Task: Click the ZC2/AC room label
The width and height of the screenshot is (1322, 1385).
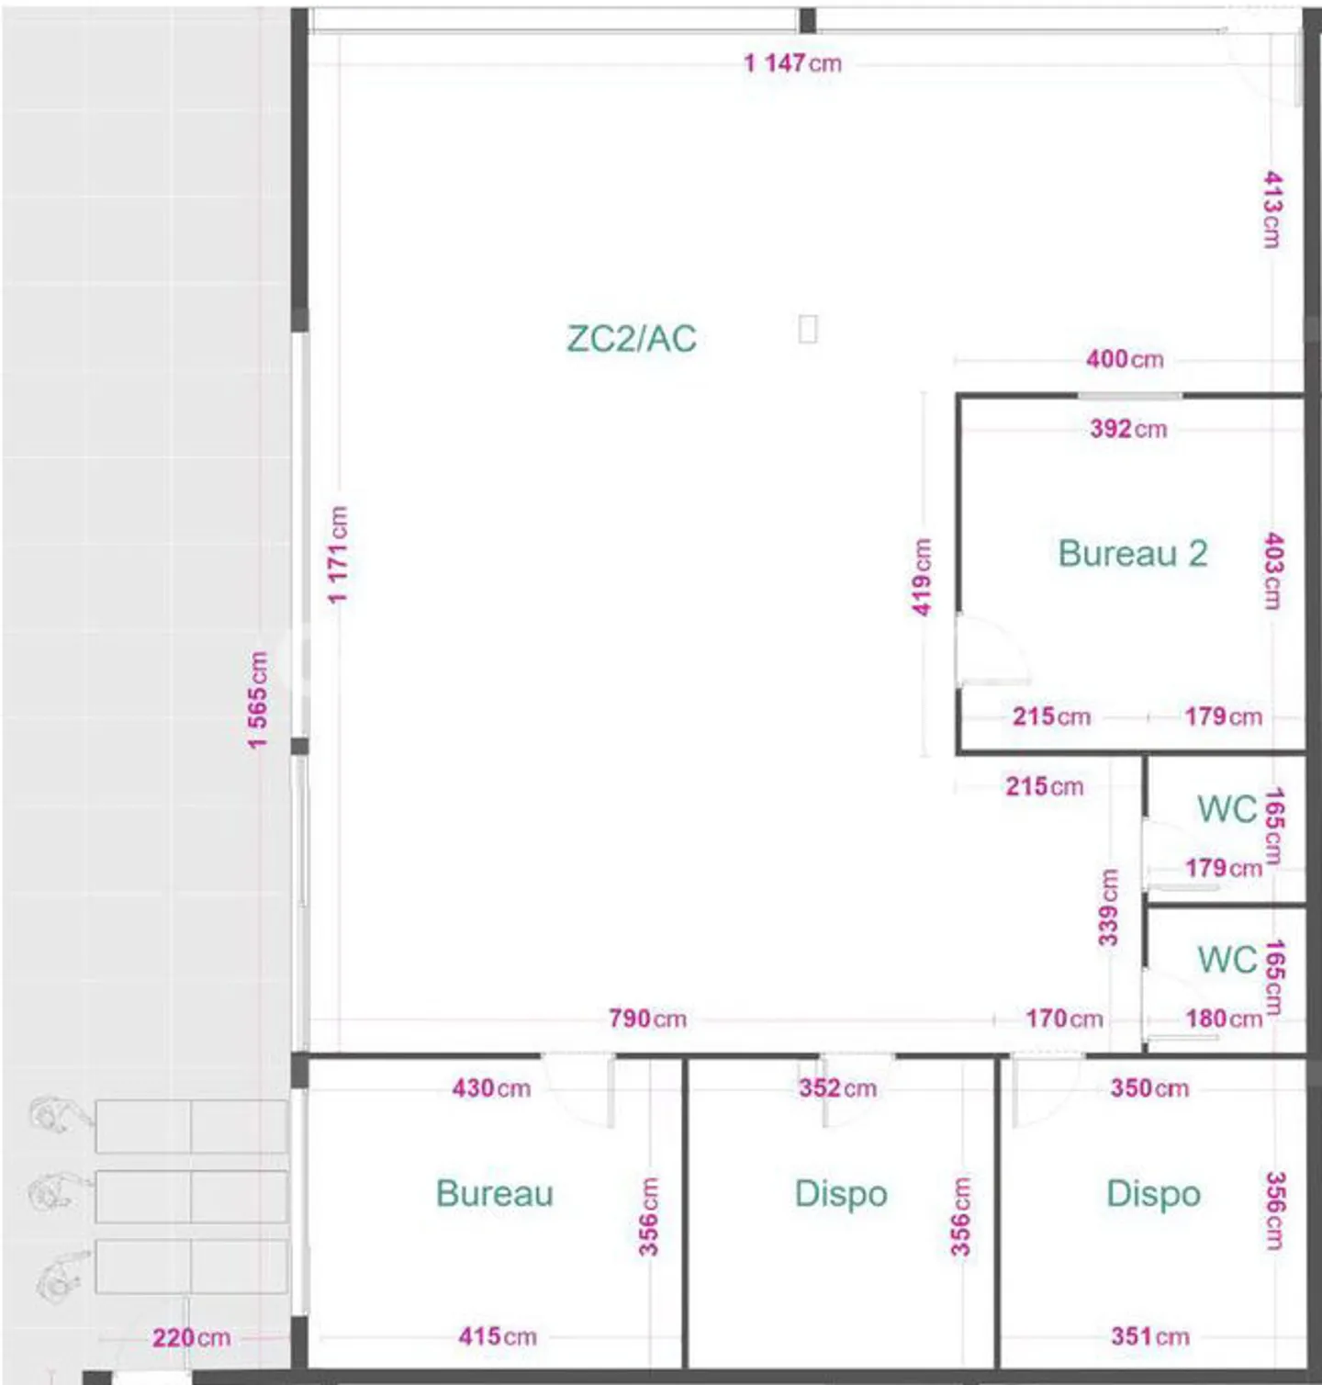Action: pos(632,339)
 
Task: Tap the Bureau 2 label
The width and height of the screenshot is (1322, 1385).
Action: pos(1132,554)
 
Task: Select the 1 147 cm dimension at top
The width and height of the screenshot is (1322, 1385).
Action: pos(792,63)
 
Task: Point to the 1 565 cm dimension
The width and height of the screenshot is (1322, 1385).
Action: pos(258,700)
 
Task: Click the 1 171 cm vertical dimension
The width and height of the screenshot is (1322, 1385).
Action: pos(338,555)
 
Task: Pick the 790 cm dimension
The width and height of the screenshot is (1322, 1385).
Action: pos(647,1019)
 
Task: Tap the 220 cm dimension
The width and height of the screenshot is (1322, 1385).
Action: pos(191,1337)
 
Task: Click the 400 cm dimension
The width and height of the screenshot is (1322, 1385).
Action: pos(1125,359)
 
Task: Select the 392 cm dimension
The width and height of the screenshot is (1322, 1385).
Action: pos(1128,429)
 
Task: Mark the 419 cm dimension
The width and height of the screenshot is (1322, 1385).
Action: pos(922,577)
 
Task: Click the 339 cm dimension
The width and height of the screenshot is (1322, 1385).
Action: pos(1109,907)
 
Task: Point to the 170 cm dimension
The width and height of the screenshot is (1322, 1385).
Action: pos(1064,1019)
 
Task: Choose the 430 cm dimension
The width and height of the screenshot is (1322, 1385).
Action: pos(491,1088)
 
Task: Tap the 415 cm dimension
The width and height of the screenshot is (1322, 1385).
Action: pos(497,1336)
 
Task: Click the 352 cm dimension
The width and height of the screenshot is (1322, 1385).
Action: pos(837,1088)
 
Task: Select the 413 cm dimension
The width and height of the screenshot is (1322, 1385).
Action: pos(1272,208)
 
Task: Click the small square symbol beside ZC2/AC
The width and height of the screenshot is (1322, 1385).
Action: pos(808,329)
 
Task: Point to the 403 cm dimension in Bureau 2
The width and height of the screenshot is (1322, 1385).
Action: pos(1273,570)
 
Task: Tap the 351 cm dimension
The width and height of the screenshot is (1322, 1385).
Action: pos(1149,1336)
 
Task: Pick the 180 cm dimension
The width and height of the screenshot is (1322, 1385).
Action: pos(1224,1019)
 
